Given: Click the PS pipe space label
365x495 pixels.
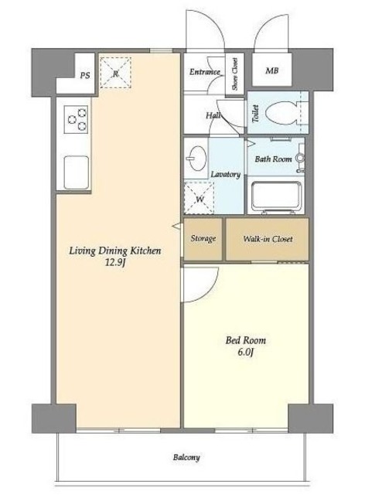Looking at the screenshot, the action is point(85,76).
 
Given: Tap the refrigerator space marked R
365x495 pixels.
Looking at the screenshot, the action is point(115,73).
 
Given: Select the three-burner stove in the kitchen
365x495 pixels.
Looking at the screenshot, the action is point(76,119).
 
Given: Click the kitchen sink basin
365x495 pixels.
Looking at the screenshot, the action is point(76,172).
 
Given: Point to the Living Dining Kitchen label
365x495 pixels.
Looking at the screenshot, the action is point(115,251).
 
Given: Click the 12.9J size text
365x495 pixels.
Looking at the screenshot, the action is point(115,262).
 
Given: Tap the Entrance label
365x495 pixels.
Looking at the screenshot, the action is point(205,72).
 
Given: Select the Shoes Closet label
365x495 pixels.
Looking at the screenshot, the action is point(235,74).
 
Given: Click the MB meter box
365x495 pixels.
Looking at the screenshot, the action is point(272,70).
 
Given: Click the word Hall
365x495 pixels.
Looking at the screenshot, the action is point(213,115).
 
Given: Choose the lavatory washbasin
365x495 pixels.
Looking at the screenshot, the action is point(196,158).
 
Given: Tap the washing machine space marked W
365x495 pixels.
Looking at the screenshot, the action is point(200,198).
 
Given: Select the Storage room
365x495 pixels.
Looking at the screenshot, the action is point(203,239).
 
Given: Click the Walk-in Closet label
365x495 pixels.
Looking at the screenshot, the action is point(268,239).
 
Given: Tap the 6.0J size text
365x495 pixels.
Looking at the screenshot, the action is point(246,353).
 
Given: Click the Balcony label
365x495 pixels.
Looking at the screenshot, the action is point(186,457).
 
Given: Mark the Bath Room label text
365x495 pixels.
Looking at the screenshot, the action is point(274,159).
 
